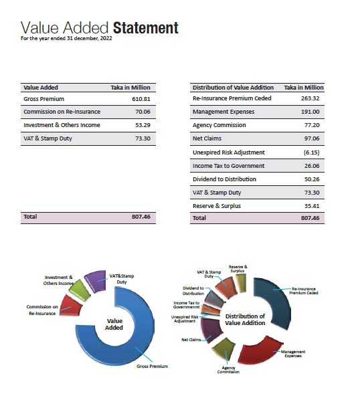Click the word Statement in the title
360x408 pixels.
146,28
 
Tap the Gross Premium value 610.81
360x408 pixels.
141,99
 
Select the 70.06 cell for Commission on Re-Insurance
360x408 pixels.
143,112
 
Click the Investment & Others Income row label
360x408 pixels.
62,125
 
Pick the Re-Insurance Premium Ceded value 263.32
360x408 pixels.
310,98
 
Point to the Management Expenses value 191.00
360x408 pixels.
310,112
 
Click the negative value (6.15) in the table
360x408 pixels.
311,152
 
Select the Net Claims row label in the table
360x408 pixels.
207,138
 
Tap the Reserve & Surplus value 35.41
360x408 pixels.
312,206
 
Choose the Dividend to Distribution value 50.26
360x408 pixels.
312,179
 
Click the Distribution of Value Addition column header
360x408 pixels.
233,88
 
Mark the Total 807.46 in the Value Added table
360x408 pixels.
141,217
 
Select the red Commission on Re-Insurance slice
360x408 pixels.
70,306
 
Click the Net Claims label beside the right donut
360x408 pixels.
191,340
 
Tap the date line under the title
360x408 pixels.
66,38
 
